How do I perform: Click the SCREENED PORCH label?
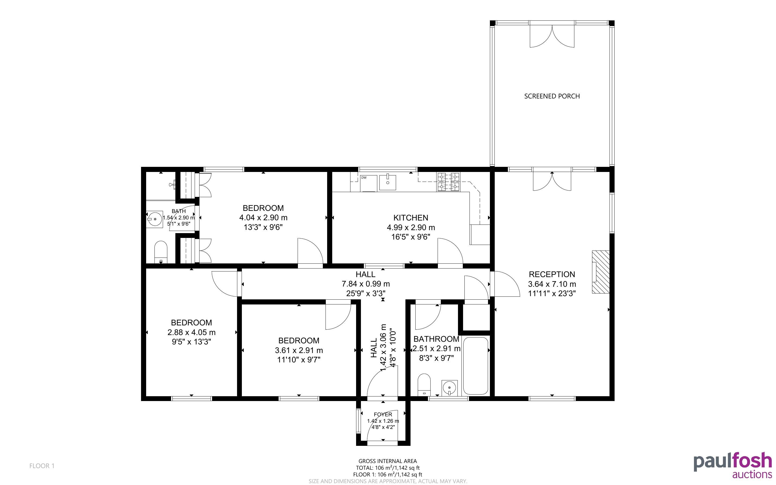552,96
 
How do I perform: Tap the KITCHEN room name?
411,218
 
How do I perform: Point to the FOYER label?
383,414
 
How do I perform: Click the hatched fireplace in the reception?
600,272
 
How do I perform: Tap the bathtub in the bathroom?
476,366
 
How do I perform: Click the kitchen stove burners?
448,182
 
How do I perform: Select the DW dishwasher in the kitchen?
368,183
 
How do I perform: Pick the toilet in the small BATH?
161,252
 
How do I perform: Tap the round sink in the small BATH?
154,219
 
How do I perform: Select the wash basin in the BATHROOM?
450,388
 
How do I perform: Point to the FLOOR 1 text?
42,466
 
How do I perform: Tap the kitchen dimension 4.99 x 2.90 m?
411,227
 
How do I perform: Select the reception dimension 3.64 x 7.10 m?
552,284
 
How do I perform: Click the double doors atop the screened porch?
552,35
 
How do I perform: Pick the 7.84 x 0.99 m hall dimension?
366,284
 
